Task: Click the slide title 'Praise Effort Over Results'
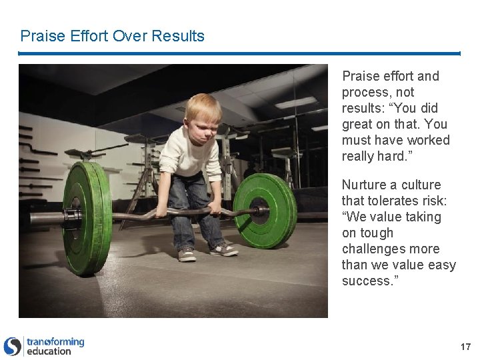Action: coord(112,36)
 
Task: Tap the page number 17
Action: coord(465,347)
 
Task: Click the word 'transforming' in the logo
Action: coord(55,342)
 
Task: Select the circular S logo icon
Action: coord(13,347)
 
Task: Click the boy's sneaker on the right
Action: coord(223,249)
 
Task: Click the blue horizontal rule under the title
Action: coord(239,53)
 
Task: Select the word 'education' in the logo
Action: coord(49,351)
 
